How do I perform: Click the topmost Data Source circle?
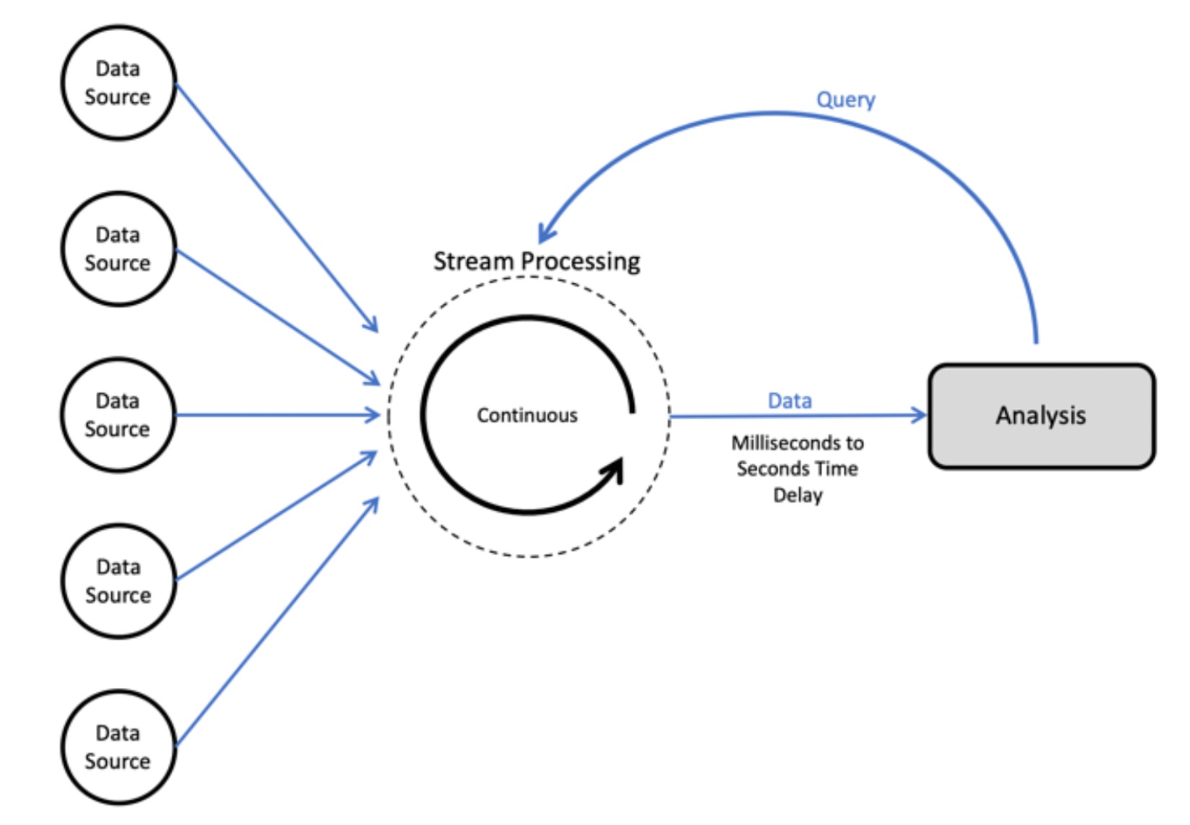click(118, 82)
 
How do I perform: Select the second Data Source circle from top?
click(118, 249)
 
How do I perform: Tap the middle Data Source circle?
click(118, 415)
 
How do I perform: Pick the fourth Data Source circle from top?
click(118, 581)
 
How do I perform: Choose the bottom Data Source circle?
click(118, 747)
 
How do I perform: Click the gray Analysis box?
click(1041, 416)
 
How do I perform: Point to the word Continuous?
click(527, 415)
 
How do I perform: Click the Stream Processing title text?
click(537, 261)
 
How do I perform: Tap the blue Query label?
click(845, 100)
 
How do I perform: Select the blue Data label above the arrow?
click(790, 400)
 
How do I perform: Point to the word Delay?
click(798, 495)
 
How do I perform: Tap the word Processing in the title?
click(581, 261)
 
